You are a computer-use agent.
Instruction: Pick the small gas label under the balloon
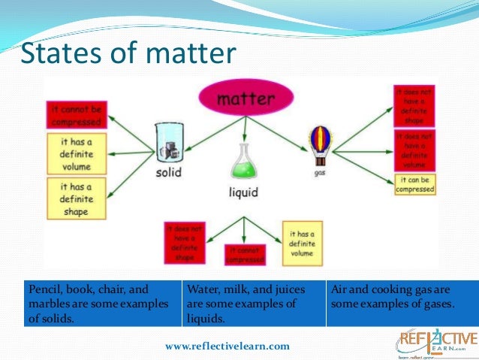click(320, 171)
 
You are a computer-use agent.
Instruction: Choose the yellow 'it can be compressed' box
click(414, 184)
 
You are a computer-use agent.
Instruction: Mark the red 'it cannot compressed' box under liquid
click(245, 254)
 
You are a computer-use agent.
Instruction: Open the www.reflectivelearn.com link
click(227, 346)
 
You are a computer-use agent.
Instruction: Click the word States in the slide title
click(54, 53)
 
